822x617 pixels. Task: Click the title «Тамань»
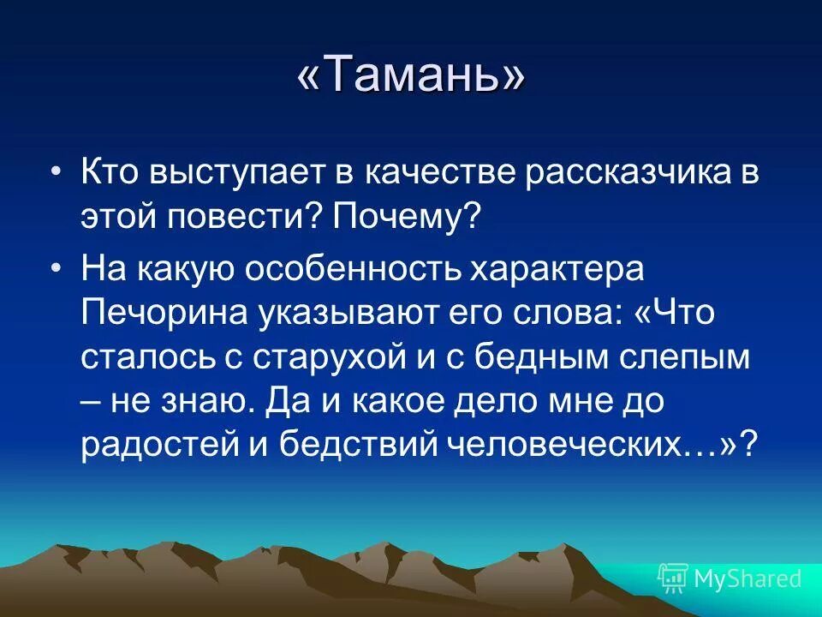click(x=411, y=77)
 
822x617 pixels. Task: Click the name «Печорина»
click(x=160, y=313)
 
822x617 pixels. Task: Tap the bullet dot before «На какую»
click(x=57, y=267)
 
